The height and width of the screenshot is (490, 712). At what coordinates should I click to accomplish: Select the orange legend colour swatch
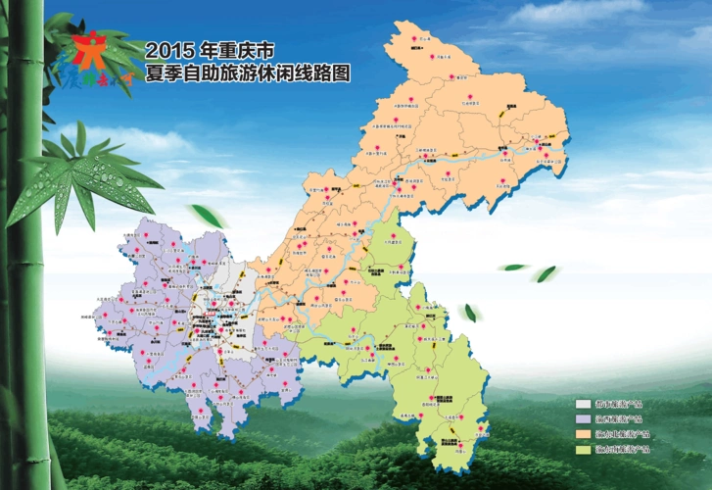click(583, 433)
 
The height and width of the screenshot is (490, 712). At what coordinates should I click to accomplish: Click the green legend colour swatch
click(583, 449)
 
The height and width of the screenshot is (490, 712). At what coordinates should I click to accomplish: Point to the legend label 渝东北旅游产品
click(621, 433)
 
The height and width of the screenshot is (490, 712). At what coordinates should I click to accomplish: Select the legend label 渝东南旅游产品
click(621, 449)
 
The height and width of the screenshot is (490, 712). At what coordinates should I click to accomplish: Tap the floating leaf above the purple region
click(205, 215)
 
